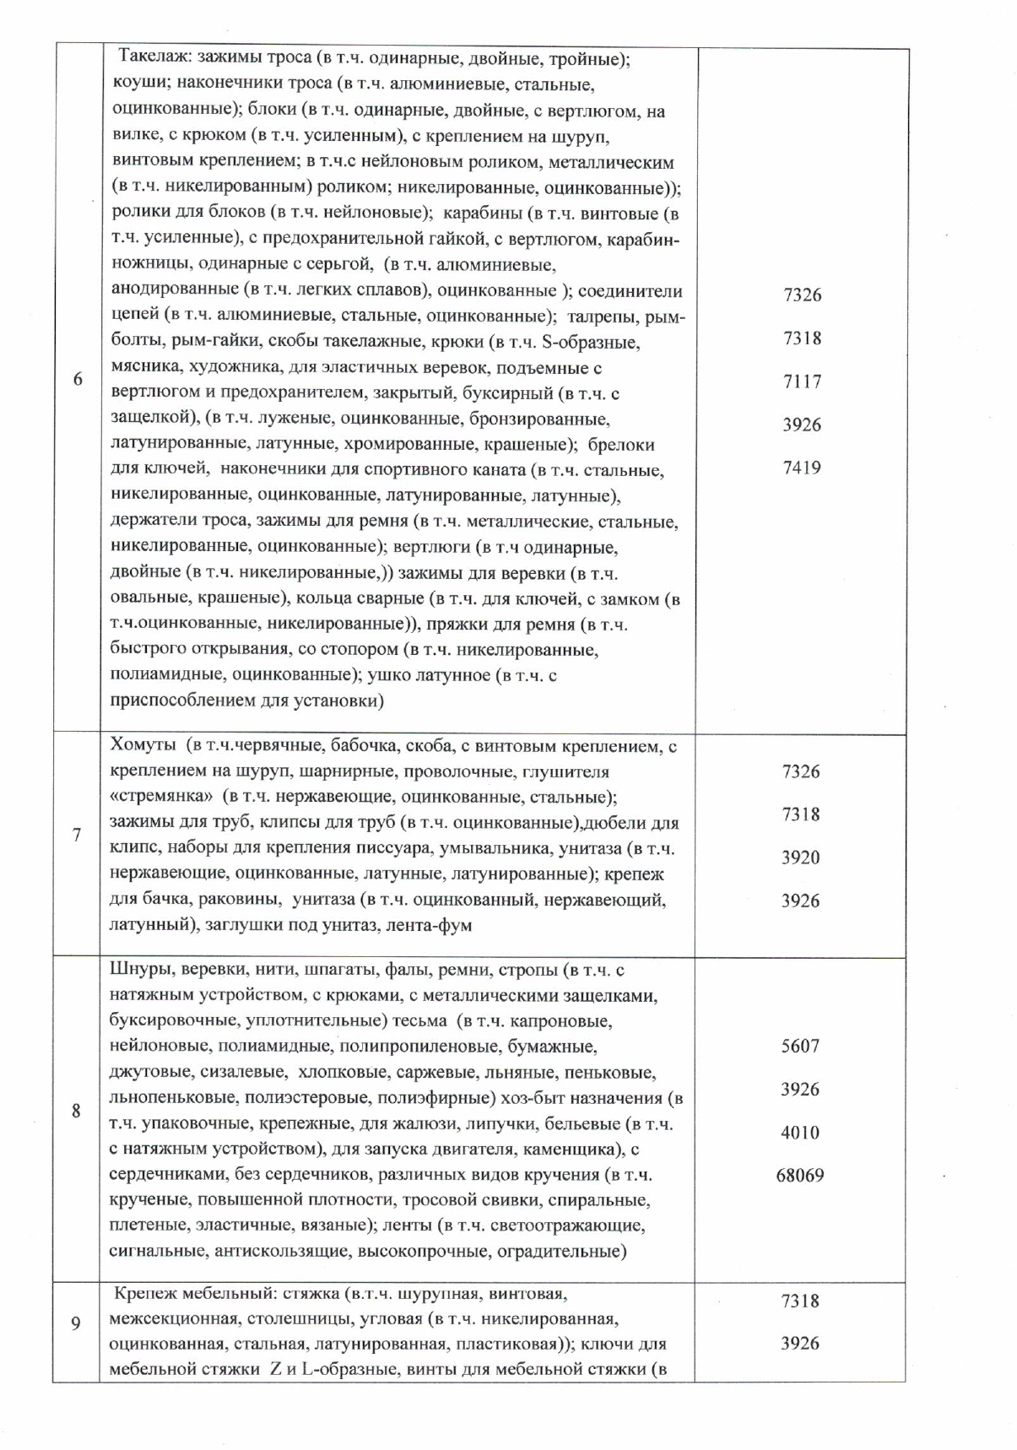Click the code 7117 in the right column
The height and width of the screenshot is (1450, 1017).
tap(801, 381)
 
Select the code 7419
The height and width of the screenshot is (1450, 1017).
tap(801, 468)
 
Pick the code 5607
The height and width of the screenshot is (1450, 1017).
tap(799, 1046)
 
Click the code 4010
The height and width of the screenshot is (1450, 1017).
tap(799, 1132)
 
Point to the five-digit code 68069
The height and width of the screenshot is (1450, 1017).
tap(799, 1175)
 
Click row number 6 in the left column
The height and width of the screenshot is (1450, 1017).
tap(78, 379)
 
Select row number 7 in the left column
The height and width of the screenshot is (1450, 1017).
tap(77, 835)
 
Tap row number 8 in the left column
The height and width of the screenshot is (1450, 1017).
tap(76, 1111)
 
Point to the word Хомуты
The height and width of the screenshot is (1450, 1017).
tap(143, 746)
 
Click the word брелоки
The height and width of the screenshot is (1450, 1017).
tap(620, 444)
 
